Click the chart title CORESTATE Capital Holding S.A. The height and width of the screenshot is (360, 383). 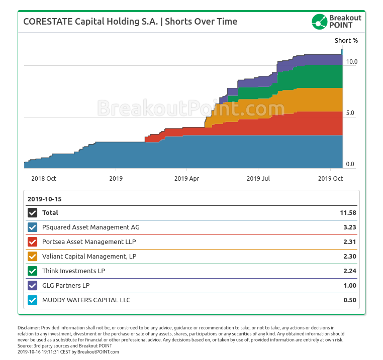[x=90, y=22]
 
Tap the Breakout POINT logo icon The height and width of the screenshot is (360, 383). [x=319, y=22]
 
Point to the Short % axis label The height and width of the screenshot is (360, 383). [x=346, y=40]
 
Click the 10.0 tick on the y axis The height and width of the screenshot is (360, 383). [x=351, y=62]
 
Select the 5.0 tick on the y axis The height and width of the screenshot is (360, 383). [x=350, y=113]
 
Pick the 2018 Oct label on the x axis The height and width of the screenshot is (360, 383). [x=43, y=178]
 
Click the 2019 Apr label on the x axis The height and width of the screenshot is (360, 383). [x=187, y=178]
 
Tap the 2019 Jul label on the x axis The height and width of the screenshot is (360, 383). [x=259, y=178]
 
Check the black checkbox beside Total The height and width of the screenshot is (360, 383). [x=33, y=213]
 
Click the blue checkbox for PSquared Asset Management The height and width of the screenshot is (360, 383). [x=33, y=227]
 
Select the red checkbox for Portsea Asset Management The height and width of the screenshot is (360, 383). [x=33, y=242]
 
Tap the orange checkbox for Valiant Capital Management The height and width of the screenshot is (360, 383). [x=33, y=257]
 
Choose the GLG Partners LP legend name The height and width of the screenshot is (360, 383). [x=66, y=286]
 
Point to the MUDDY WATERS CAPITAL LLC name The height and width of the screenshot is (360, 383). [x=86, y=300]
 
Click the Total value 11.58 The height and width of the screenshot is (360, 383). [x=348, y=213]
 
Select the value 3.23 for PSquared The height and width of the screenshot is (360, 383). [x=349, y=227]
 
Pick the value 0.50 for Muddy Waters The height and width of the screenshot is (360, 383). [x=349, y=300]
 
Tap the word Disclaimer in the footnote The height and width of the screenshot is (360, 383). [x=28, y=327]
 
